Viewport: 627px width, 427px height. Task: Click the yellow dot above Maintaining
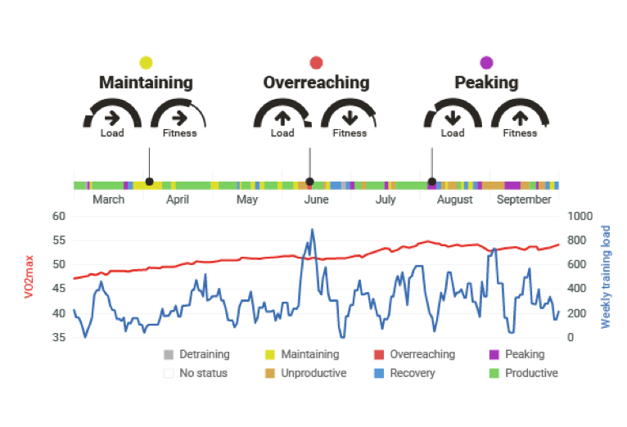coord(146,63)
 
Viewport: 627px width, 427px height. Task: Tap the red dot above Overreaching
coord(316,63)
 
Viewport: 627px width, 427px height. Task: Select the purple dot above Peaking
coord(486,63)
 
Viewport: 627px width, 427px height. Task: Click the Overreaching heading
coord(316,83)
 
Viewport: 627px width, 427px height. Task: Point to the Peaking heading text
coord(486,83)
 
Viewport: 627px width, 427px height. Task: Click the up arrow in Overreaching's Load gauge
coord(282,118)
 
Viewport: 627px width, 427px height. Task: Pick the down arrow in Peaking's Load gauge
coord(453,118)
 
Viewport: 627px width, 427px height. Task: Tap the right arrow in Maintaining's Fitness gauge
coord(179,118)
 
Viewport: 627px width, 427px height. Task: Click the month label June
coord(316,200)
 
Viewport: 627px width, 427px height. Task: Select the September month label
coord(524,200)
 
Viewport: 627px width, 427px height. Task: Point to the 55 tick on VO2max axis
coord(59,240)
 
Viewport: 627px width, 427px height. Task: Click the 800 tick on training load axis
coord(576,240)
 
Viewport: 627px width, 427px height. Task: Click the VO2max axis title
coord(29,276)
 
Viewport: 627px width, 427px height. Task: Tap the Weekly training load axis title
coord(606,276)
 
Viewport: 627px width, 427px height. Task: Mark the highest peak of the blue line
coord(313,229)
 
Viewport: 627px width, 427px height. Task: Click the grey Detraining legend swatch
coord(169,354)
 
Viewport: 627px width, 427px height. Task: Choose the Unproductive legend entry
coord(306,373)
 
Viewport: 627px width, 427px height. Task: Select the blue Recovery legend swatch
coord(379,373)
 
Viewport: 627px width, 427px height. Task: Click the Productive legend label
coord(531,373)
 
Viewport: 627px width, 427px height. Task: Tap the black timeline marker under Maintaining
coord(150,182)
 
